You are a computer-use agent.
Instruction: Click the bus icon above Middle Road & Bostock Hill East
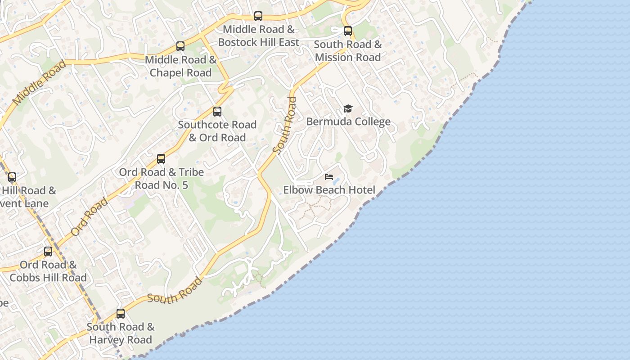click(258, 16)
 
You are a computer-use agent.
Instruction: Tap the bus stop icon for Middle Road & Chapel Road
click(180, 46)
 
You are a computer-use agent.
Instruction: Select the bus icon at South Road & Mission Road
click(348, 31)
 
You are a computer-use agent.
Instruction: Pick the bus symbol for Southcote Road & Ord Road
click(217, 112)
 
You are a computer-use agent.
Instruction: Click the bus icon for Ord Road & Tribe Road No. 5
click(161, 159)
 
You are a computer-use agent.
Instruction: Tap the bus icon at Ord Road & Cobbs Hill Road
click(48, 252)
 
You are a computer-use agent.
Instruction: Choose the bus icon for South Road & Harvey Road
click(121, 314)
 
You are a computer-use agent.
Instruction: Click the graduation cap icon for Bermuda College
click(348, 108)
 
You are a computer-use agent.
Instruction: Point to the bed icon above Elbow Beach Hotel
click(329, 177)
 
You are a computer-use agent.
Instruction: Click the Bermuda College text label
click(348, 121)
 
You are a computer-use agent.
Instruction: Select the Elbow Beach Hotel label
click(329, 190)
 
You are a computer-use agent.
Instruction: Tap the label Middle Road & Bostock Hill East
click(258, 36)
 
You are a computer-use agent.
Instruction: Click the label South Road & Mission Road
click(348, 50)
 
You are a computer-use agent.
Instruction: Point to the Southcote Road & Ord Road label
click(217, 131)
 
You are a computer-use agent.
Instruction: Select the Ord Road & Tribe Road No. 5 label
click(161, 178)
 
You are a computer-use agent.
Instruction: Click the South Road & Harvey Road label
click(121, 333)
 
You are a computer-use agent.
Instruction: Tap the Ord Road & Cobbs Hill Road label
click(48, 271)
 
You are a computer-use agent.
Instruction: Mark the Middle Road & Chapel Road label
click(180, 66)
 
